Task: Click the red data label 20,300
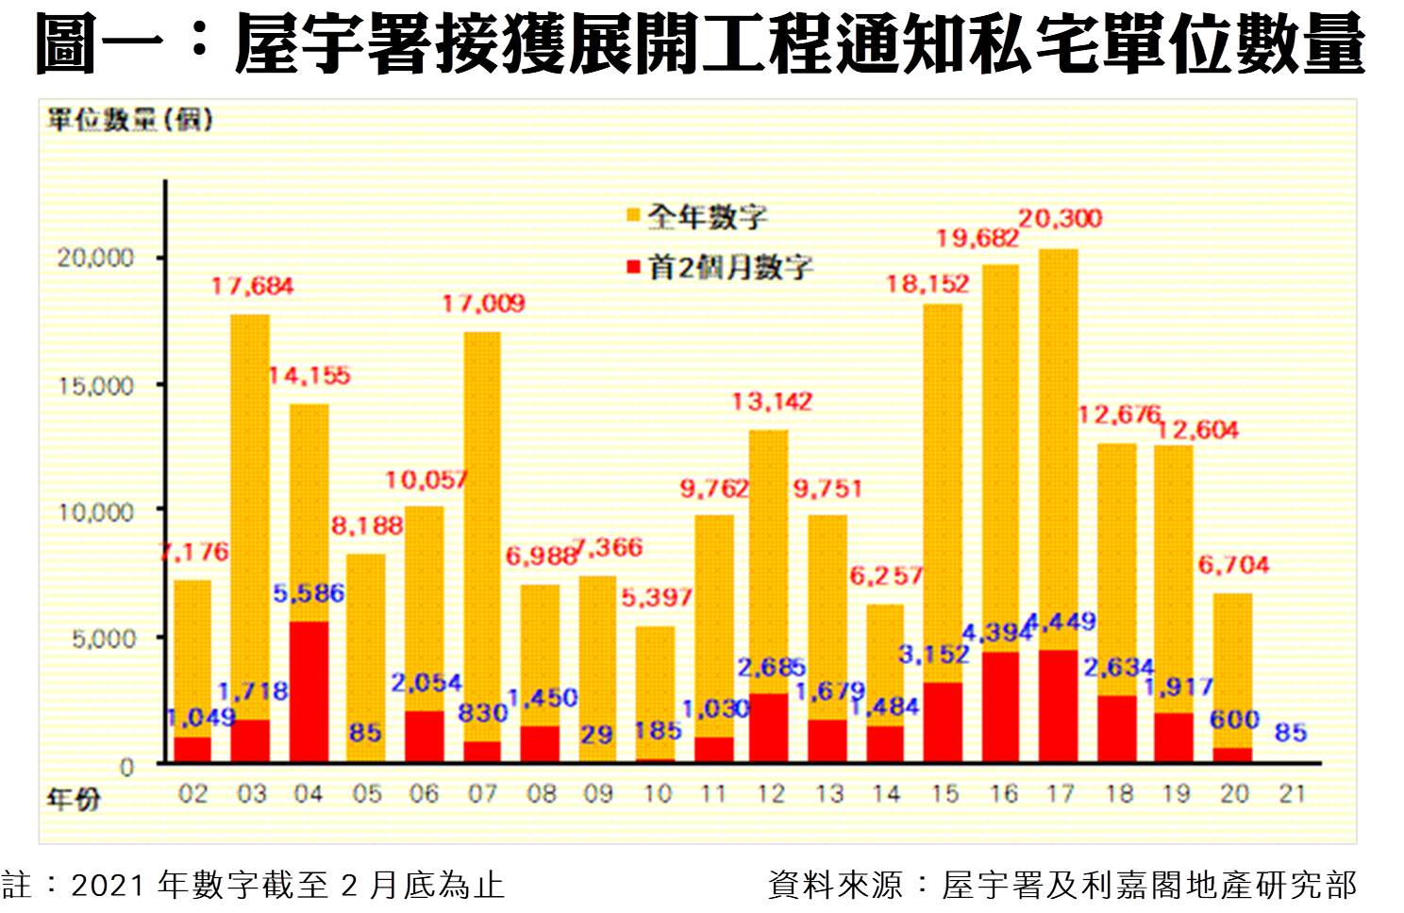(x=1060, y=219)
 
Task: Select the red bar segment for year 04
(x=309, y=691)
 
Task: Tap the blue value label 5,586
(x=309, y=593)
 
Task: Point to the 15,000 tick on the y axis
(x=96, y=385)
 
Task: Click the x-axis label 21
(x=1292, y=794)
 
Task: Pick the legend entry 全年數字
(x=706, y=217)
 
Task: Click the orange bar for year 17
(x=1059, y=443)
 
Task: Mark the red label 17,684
(x=252, y=286)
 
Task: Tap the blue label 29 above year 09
(x=596, y=733)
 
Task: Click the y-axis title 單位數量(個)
(x=130, y=121)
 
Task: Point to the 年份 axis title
(x=74, y=800)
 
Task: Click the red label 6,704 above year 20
(x=1233, y=565)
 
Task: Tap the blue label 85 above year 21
(x=1290, y=732)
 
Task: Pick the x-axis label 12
(x=771, y=794)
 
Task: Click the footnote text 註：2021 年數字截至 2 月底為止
(x=253, y=886)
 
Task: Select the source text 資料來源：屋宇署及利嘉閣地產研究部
(x=1061, y=886)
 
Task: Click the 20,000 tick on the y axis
(x=96, y=257)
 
